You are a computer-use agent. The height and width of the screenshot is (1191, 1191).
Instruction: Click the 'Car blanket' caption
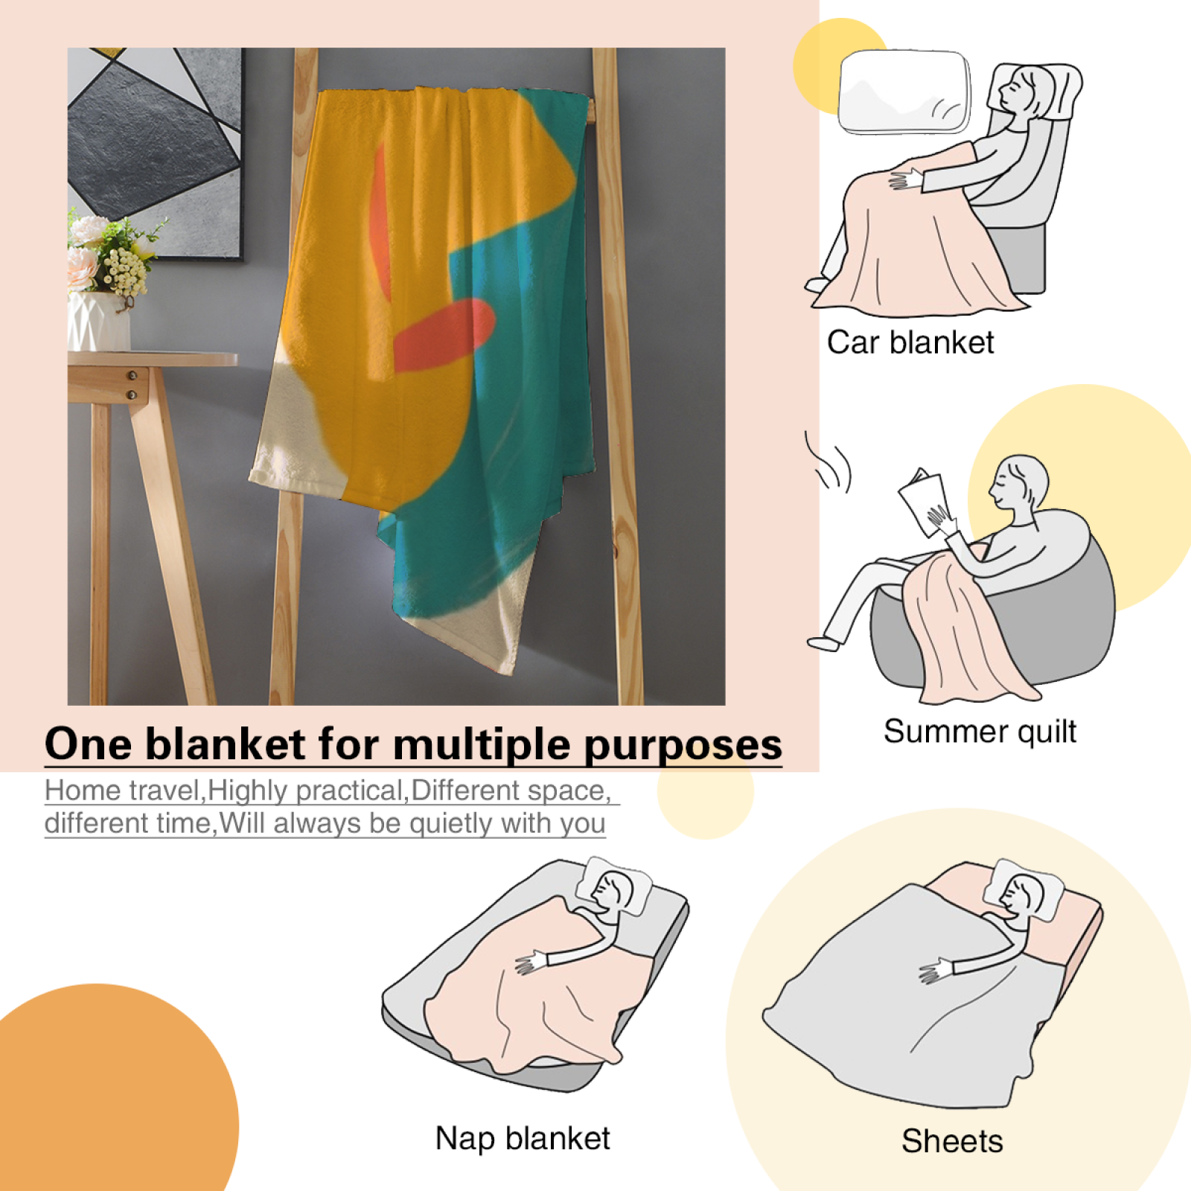point(910,342)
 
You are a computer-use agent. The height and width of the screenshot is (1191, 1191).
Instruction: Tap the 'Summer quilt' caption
point(980,732)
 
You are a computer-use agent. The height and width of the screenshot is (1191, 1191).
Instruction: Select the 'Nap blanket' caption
point(523,1139)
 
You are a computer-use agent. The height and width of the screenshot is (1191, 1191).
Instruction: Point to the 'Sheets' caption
point(952,1141)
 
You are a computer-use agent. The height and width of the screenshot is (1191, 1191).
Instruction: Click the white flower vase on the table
point(98,321)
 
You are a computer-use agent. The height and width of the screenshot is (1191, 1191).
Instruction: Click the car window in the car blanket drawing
point(905,92)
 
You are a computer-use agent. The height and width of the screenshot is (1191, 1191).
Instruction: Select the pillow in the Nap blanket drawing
point(618,889)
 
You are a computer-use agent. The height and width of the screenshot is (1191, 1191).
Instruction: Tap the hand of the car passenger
point(905,179)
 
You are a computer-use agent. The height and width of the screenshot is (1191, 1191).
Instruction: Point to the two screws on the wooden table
point(132,385)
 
